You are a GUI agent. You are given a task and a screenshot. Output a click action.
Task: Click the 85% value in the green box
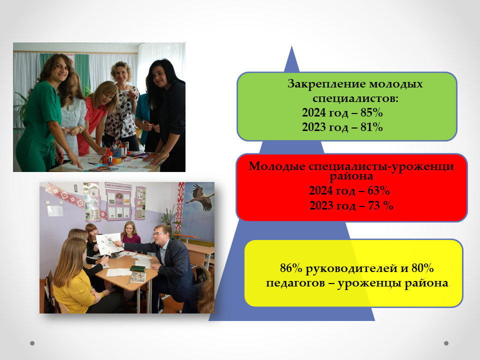point(371,112)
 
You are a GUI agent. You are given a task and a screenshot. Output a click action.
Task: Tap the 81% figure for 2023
point(371,127)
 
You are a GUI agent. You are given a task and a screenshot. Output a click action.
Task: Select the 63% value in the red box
point(378,190)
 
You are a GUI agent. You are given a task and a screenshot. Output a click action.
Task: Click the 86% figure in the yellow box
point(291,268)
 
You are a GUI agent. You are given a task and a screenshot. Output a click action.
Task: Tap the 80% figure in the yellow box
point(422,268)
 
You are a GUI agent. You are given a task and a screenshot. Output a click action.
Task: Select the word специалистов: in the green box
point(355,98)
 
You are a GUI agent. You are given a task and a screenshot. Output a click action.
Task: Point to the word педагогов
point(295,283)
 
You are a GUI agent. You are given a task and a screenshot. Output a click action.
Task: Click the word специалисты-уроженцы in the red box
point(381,166)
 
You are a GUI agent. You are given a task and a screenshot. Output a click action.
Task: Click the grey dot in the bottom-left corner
point(32,343)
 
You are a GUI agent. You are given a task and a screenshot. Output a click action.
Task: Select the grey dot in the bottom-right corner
point(446,343)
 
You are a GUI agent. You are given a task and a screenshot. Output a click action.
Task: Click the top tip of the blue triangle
point(291,46)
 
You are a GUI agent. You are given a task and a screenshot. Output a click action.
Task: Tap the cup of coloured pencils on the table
point(115,152)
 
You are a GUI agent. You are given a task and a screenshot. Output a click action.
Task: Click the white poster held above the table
point(108,243)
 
